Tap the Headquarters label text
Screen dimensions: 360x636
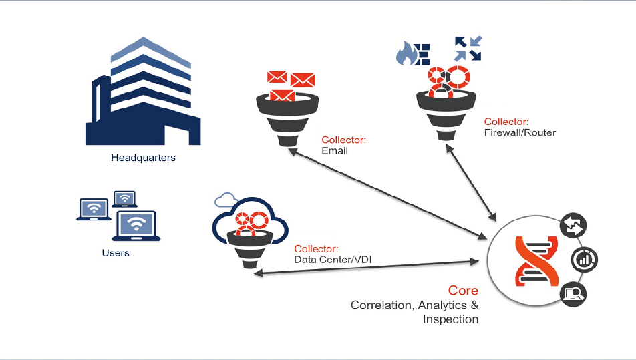pyautogui.click(x=143, y=158)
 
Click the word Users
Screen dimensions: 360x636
pyautogui.click(x=116, y=253)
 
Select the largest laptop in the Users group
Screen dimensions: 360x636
pyautogui.click(x=136, y=226)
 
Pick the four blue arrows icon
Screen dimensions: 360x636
pyautogui.click(x=468, y=49)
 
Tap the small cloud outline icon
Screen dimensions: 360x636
pyautogui.click(x=226, y=199)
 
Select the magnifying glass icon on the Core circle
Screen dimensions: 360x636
pyautogui.click(x=574, y=292)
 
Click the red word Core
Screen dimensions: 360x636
pyautogui.click(x=463, y=291)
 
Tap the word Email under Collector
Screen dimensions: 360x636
pyautogui.click(x=335, y=151)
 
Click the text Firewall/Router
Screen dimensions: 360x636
pyautogui.click(x=520, y=132)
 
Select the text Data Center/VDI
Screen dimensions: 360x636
pyautogui.click(x=331, y=258)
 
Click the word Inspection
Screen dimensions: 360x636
pyautogui.click(x=450, y=319)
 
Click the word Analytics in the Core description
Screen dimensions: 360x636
pyautogui.click(x=439, y=305)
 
